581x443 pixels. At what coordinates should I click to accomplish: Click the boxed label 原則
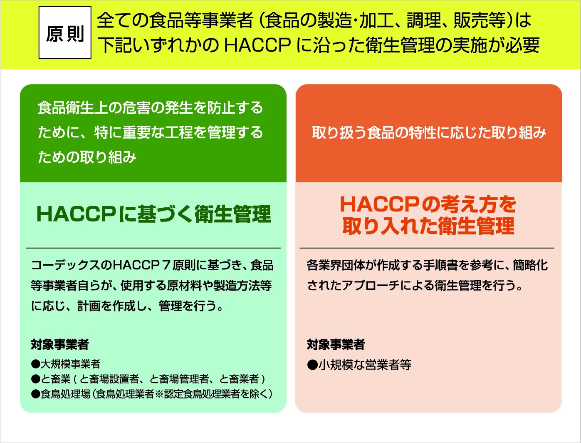pyautogui.click(x=65, y=33)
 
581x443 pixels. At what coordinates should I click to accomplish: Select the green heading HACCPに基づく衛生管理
pyautogui.click(x=154, y=214)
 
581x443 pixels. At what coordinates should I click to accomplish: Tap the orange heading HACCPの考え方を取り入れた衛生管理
pyautogui.click(x=428, y=215)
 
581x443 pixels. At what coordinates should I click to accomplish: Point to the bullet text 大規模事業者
pyautogui.click(x=70, y=364)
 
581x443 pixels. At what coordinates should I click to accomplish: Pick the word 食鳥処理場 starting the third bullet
pyautogui.click(x=65, y=394)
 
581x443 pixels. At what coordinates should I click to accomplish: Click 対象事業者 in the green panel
pyautogui.click(x=59, y=344)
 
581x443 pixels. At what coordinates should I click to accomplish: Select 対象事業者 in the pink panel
pyautogui.click(x=336, y=344)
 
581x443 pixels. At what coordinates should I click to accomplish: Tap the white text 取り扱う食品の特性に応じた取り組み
pyautogui.click(x=429, y=133)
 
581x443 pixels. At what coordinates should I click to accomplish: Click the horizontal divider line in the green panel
pyautogui.click(x=153, y=248)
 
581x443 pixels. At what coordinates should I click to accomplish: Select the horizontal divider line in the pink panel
pyautogui.click(x=427, y=248)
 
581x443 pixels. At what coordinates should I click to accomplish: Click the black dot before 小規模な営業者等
pyautogui.click(x=312, y=365)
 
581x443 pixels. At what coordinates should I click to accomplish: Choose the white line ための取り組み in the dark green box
pyautogui.click(x=87, y=157)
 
